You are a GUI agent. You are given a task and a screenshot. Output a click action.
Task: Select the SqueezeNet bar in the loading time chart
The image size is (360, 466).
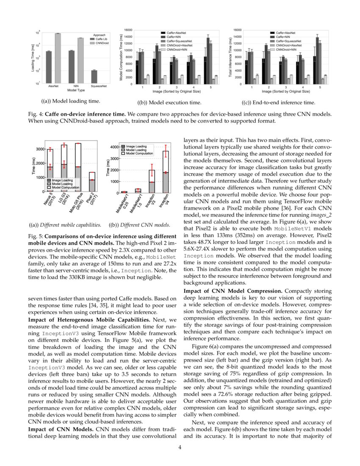pyautogui.click(x=94, y=77)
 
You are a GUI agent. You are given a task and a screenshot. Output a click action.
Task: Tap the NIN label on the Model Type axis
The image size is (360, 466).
pyautogui.click(x=71, y=86)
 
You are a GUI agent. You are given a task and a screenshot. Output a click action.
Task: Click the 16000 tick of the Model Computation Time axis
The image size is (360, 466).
pyautogui.click(x=127, y=30)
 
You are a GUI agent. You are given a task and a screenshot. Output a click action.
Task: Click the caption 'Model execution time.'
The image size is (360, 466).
pyautogui.click(x=169, y=103)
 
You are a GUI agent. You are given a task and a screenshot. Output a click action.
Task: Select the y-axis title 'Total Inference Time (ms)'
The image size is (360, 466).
pyautogui.click(x=231, y=57)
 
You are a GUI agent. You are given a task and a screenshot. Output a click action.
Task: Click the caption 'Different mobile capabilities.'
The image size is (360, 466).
pyautogui.click(x=65, y=225)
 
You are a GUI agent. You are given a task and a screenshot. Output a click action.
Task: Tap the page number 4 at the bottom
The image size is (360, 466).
pyautogui.click(x=180, y=448)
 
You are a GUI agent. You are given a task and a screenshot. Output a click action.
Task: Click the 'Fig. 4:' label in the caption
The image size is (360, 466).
pyautogui.click(x=35, y=114)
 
